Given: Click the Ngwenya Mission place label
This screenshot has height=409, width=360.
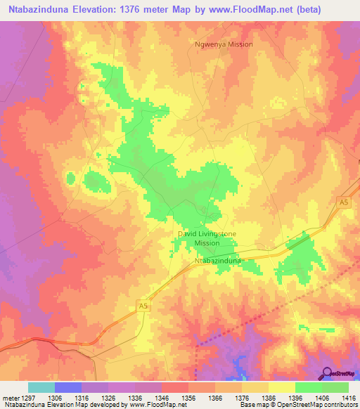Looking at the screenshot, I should [x=222, y=44].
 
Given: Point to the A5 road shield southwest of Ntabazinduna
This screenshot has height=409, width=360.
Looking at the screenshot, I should [x=142, y=306].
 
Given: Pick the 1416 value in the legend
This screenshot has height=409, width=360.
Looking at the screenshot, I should [x=348, y=397].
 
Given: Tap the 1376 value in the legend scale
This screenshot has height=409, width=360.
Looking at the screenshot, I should [x=241, y=397].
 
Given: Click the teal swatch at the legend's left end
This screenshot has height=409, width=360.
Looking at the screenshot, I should [x=41, y=387].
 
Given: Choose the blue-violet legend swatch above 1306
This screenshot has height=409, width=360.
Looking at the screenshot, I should [x=68, y=387].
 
